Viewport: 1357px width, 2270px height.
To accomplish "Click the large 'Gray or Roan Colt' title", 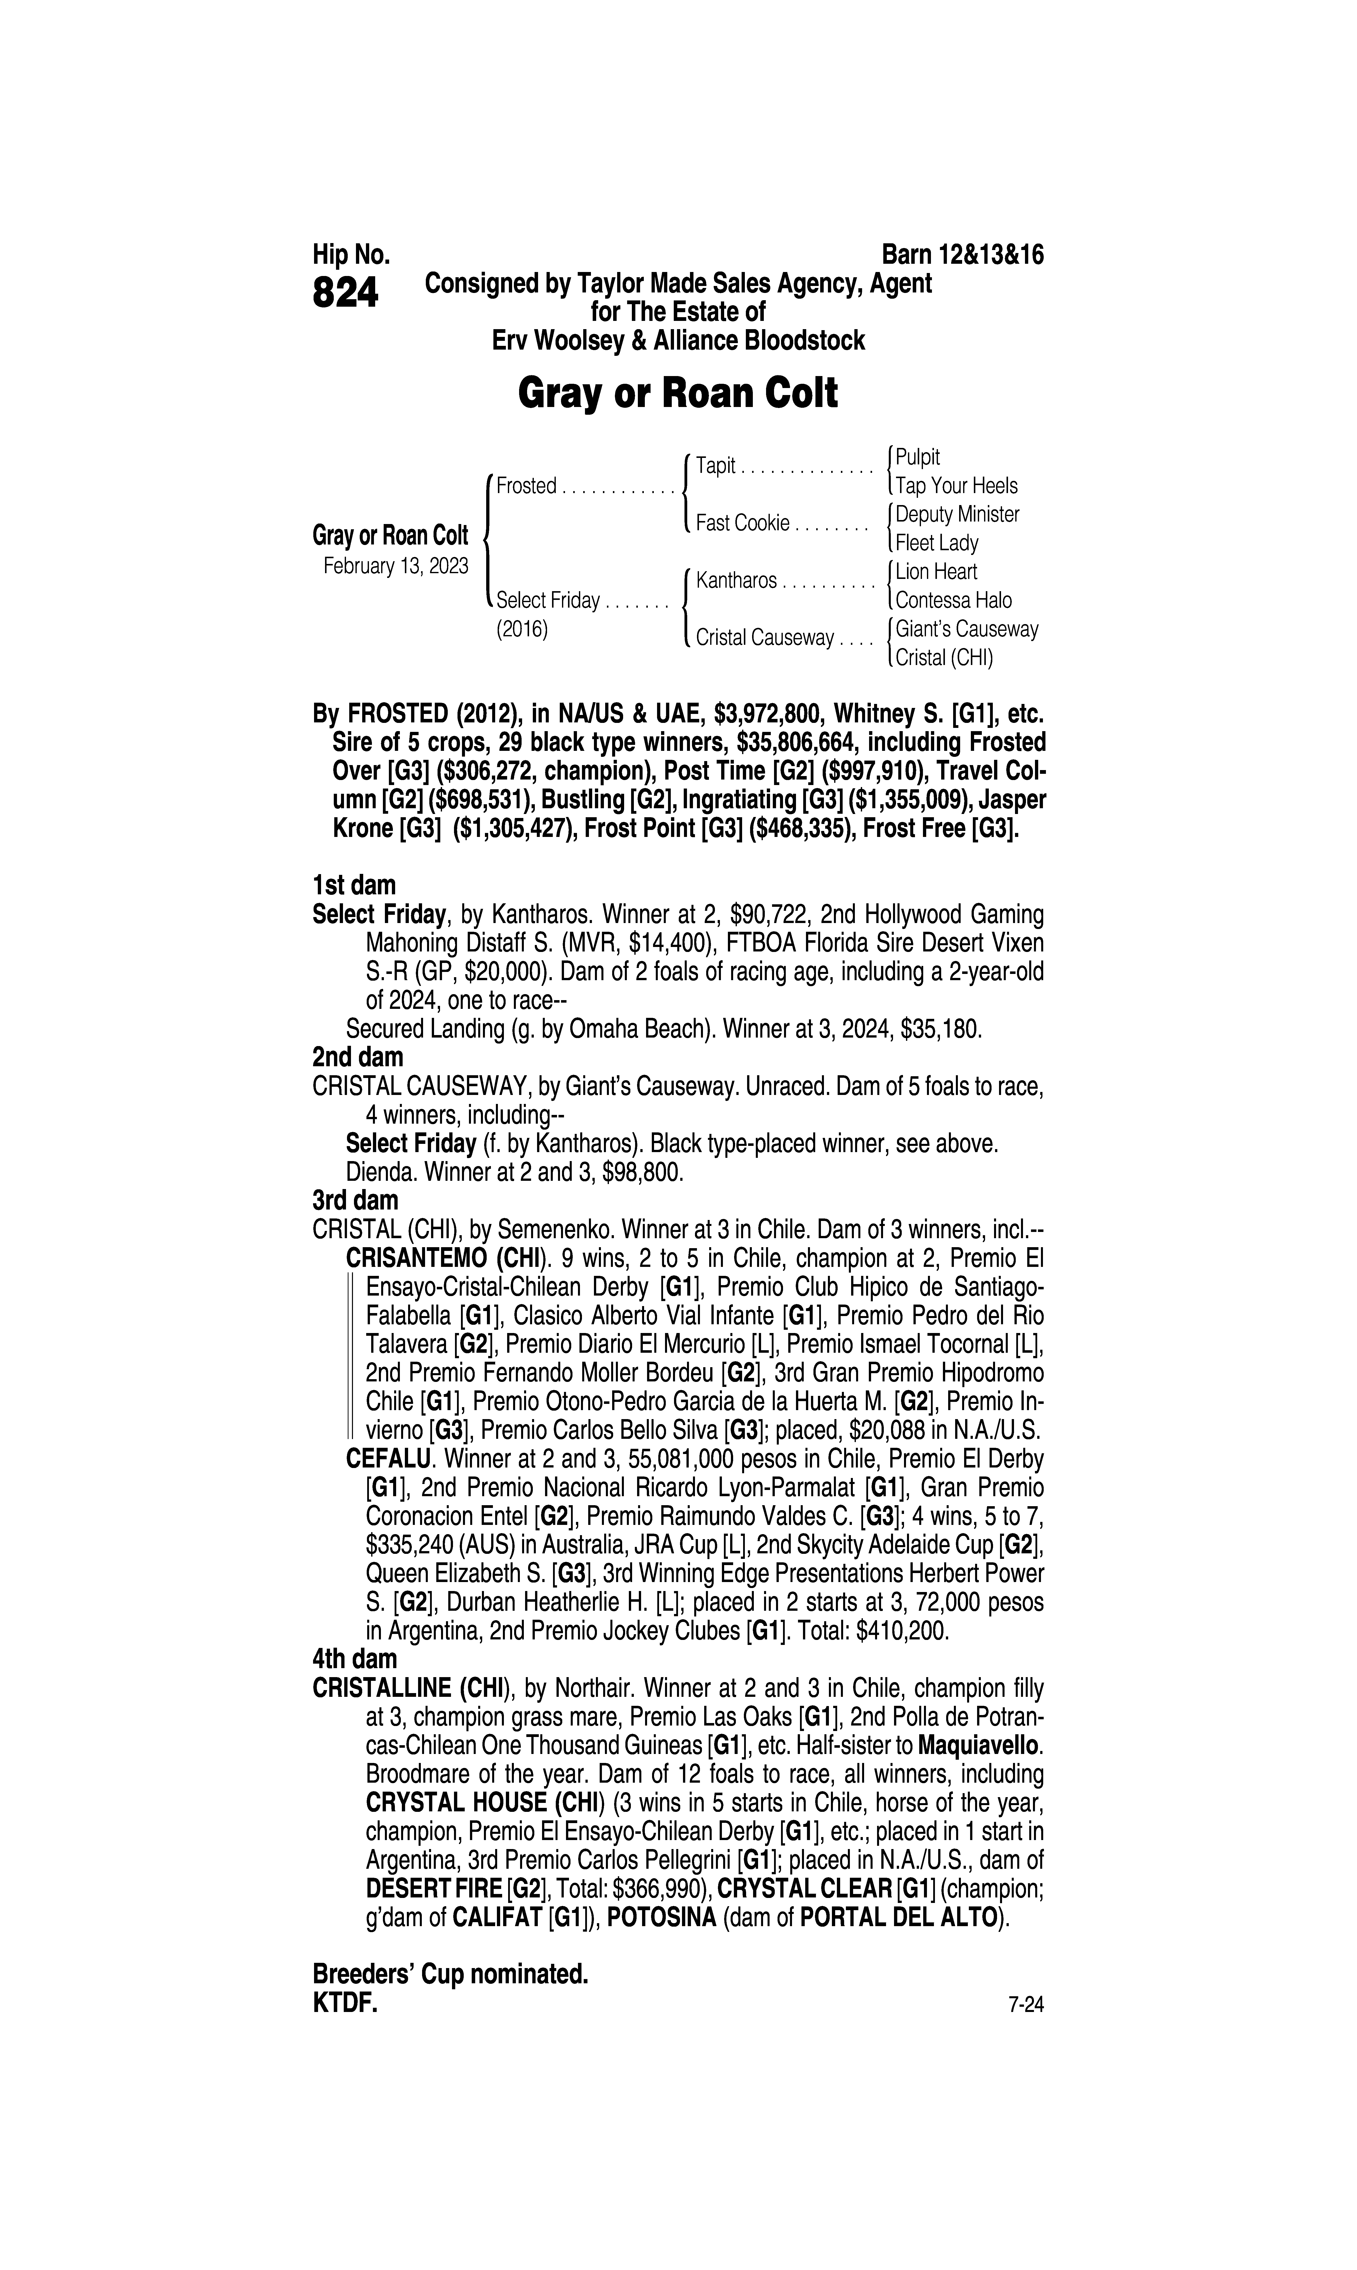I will coord(678,394).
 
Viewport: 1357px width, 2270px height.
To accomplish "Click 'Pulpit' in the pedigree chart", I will coord(917,457).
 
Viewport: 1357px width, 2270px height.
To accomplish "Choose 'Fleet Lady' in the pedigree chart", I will coord(936,543).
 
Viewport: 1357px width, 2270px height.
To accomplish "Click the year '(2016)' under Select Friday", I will coord(521,630).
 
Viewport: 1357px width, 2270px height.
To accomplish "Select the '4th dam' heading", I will coord(355,1659).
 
